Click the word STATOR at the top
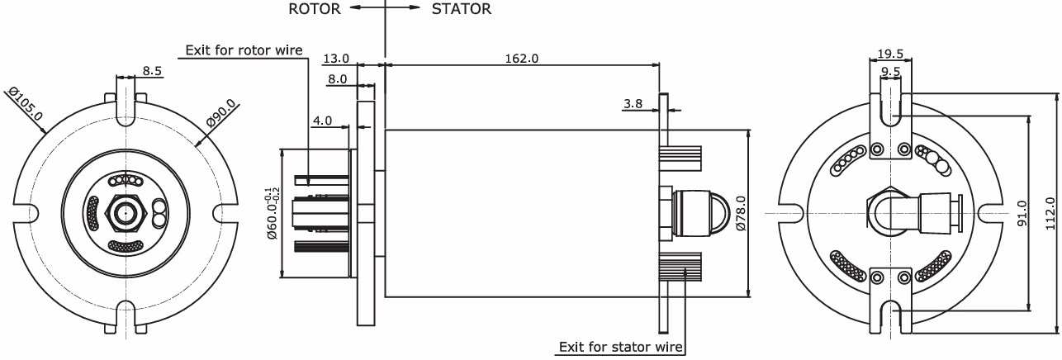click(x=462, y=10)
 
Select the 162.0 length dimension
click(x=522, y=59)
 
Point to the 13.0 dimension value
click(x=336, y=59)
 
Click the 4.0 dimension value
click(x=323, y=121)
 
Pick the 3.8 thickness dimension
click(x=633, y=104)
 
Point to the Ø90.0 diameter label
click(x=221, y=113)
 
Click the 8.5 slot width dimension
click(x=152, y=72)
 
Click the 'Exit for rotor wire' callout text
click(x=244, y=50)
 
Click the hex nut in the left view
click(x=126, y=215)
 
